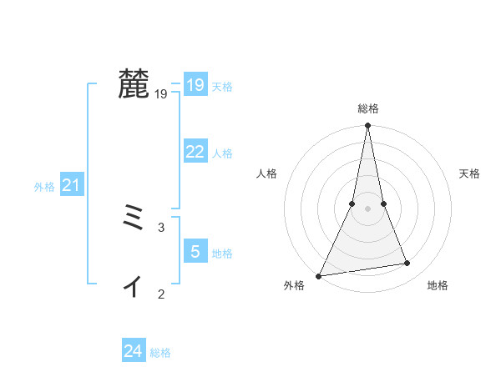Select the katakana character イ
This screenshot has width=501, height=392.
(x=133, y=286)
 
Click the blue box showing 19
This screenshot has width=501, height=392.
(x=195, y=84)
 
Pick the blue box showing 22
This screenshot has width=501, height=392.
(x=195, y=151)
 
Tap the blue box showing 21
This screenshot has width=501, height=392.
(x=71, y=185)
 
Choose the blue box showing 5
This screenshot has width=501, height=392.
(x=195, y=251)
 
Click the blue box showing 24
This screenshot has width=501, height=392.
(x=134, y=351)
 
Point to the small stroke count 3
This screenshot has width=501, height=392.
(x=161, y=227)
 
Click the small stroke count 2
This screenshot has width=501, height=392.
(x=161, y=294)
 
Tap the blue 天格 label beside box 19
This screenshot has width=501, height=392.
(x=222, y=87)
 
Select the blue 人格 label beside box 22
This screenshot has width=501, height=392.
(x=222, y=153)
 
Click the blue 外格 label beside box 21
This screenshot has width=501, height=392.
(x=44, y=188)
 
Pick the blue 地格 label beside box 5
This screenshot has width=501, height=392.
(x=222, y=254)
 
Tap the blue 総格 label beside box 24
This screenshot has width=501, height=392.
(x=160, y=354)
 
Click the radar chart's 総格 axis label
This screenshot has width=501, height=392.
(x=367, y=108)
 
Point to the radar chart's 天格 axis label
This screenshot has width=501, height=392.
(x=469, y=173)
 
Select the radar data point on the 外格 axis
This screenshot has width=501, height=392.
(x=319, y=275)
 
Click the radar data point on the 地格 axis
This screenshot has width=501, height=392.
(x=407, y=264)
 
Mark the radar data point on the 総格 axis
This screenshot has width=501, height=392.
(x=367, y=126)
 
